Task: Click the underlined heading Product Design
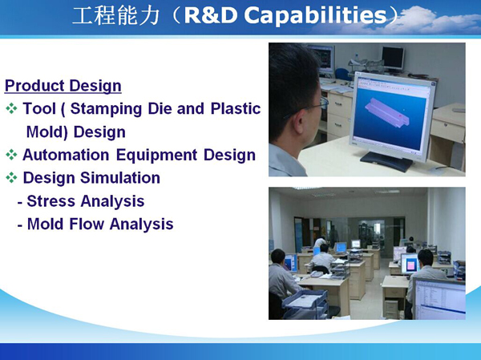coord(63,86)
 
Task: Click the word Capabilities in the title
coord(315,15)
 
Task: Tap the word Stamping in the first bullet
coord(106,109)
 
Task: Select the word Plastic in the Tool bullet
coord(236,108)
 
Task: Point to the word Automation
coord(66,155)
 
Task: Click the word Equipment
coord(156,156)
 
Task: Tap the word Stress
coord(51,201)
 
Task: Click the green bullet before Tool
coord(11,109)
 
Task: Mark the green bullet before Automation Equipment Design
coord(11,155)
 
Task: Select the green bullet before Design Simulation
coord(11,178)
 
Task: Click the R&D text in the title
coord(211,15)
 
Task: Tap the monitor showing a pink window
coord(409,264)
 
